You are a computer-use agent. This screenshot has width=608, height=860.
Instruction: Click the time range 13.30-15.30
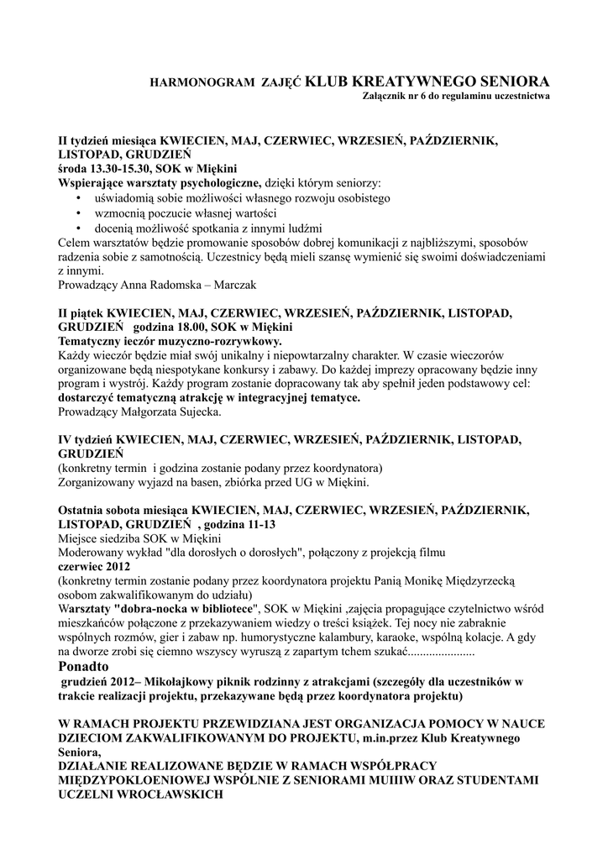click(120, 168)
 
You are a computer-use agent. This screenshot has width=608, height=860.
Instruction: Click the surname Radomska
click(155, 285)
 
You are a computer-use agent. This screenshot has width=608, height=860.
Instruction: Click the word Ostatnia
click(84, 511)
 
